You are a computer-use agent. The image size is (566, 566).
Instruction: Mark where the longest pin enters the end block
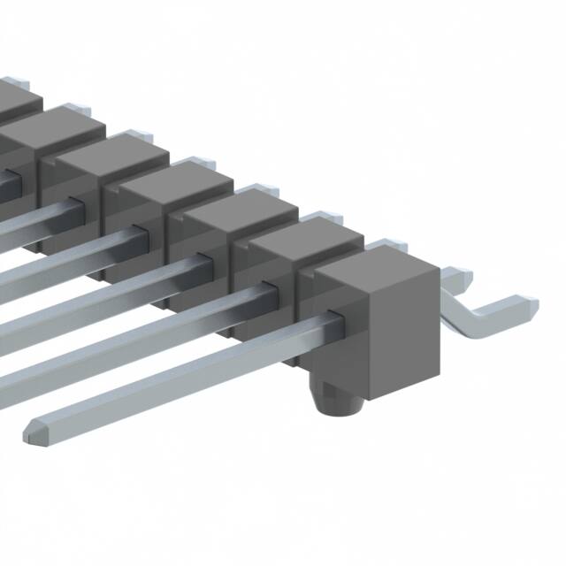[x=333, y=319]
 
